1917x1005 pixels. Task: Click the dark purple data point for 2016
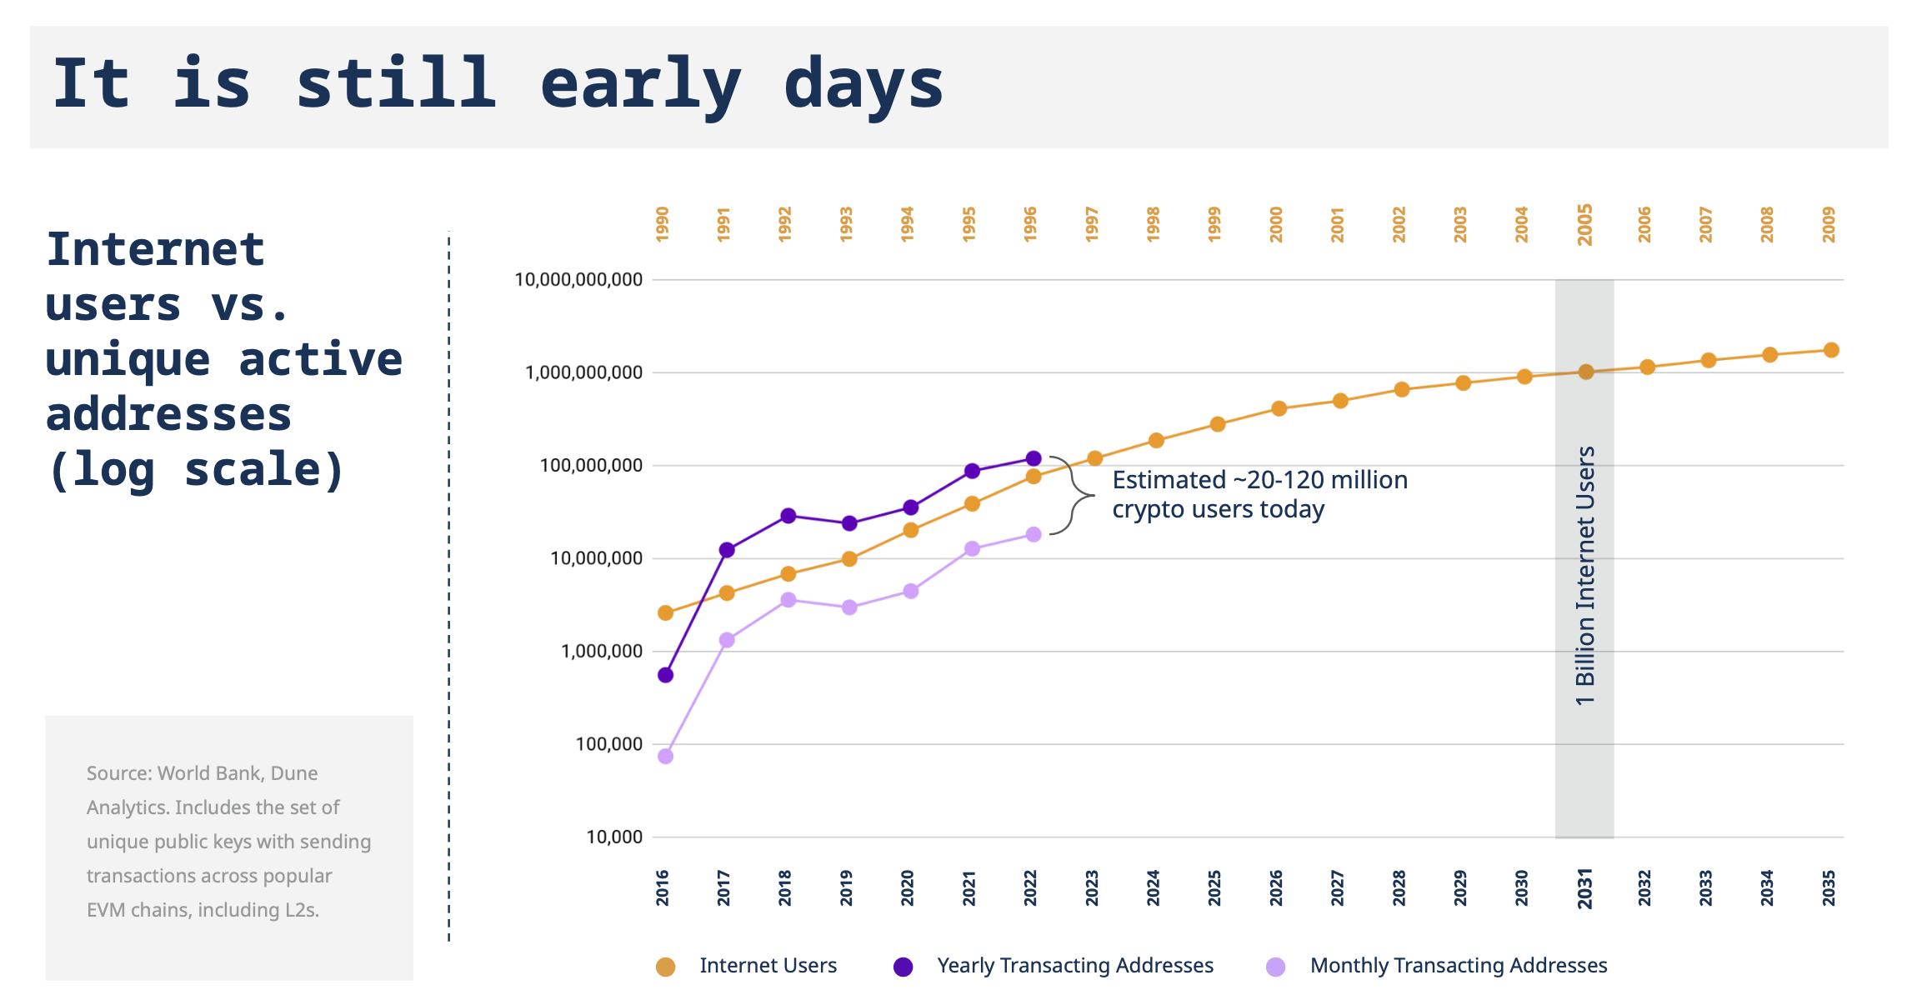point(665,675)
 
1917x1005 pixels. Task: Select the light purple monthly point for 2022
point(1034,534)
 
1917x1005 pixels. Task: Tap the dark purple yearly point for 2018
point(788,516)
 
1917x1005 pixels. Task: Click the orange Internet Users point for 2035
point(1831,350)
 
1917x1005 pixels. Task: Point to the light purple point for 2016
point(665,756)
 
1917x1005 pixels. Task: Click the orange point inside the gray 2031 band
point(1586,372)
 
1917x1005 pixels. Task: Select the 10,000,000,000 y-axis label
point(578,280)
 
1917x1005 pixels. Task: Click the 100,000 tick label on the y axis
point(609,744)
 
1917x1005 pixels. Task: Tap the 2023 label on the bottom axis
point(1092,887)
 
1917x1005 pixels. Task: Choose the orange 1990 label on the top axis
point(663,224)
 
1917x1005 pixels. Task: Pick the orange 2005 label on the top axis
point(1585,224)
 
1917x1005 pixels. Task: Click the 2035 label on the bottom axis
point(1829,887)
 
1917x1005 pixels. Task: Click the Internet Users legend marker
point(665,967)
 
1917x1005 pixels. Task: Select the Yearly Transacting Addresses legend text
point(1075,966)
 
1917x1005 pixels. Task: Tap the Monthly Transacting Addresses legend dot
point(1275,967)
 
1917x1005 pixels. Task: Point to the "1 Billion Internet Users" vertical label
point(1585,575)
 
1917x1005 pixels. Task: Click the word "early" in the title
point(640,85)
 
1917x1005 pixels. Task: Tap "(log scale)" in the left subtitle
point(197,470)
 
